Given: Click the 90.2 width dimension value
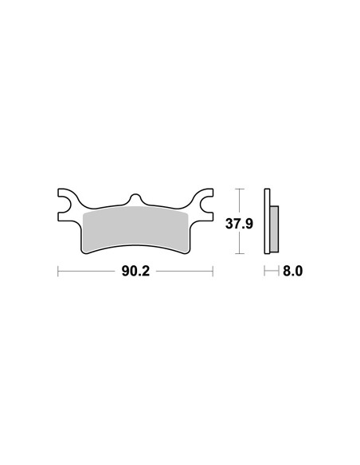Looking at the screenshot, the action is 135,271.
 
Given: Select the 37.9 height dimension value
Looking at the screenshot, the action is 239,224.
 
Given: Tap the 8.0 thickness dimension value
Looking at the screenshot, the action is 292,271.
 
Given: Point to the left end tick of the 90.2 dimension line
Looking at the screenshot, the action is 58,271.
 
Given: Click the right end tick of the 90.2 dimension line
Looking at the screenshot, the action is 213,271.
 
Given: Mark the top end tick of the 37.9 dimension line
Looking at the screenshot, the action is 239,189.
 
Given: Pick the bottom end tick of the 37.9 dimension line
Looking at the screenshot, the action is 239,253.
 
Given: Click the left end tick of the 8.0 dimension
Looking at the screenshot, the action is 264,271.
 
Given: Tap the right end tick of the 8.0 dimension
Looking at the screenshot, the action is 279,271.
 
